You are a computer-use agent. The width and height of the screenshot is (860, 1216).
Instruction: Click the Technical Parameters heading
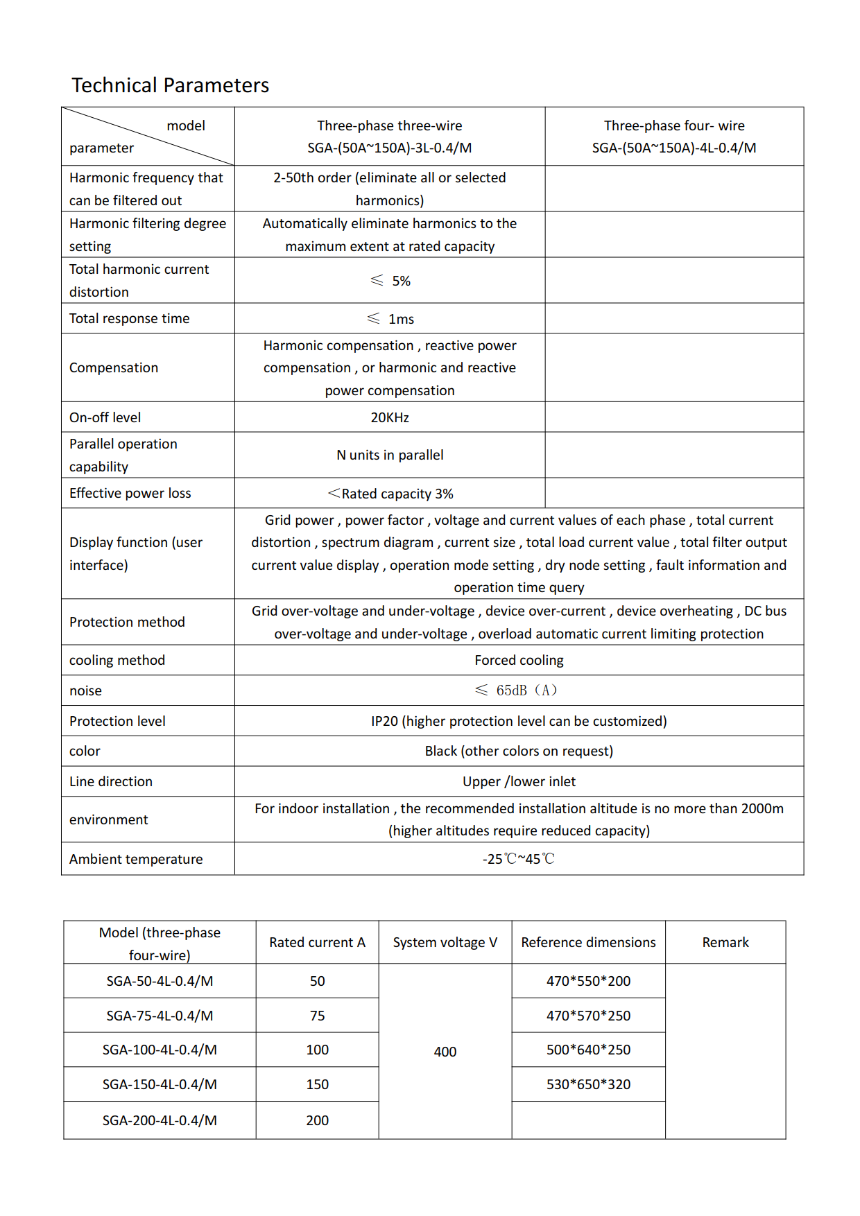(170, 85)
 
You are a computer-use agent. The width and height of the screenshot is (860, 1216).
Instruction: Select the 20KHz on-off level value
(390, 417)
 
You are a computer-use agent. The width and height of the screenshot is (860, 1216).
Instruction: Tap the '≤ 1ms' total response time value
(390, 319)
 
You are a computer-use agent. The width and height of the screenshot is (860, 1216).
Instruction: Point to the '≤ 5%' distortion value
(390, 281)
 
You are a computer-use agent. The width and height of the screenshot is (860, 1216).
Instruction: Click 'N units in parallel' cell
(390, 455)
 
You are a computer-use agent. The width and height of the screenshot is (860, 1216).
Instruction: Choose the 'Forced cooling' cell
(519, 660)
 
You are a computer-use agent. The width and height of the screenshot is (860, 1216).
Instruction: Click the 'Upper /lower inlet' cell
(519, 781)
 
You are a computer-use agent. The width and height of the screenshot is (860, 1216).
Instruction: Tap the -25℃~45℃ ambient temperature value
(519, 859)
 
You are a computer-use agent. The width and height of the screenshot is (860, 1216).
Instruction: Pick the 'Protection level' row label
(117, 721)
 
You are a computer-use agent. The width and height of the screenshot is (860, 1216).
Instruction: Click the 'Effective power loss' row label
(130, 493)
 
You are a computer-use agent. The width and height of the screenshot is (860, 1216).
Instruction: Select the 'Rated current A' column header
(317, 942)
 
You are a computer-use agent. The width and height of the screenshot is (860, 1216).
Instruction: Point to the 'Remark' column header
(725, 942)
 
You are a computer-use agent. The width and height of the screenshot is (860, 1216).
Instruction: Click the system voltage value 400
(445, 1052)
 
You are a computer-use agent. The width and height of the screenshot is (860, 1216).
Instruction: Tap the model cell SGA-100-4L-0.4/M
(160, 1050)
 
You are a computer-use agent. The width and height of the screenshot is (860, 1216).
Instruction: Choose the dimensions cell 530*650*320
(588, 1084)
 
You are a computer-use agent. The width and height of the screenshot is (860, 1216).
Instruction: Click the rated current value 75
(317, 1016)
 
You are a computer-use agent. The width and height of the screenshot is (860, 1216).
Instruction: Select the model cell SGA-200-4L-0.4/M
(160, 1120)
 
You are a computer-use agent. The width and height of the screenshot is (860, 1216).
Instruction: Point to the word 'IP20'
(384, 721)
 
